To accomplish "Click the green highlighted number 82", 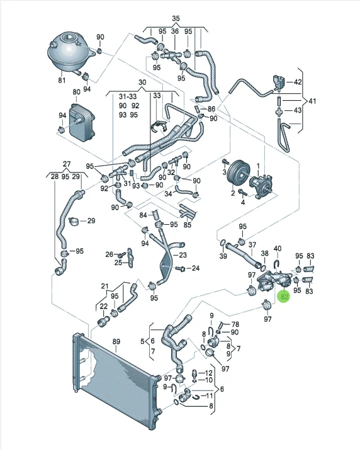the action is click(x=284, y=297).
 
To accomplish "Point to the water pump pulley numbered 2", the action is click(x=237, y=175).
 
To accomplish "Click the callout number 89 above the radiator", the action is click(x=116, y=341).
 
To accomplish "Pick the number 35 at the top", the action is click(x=176, y=18).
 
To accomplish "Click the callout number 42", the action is click(x=298, y=82).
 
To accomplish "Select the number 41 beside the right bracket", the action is click(x=312, y=101).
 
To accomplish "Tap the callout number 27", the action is click(x=66, y=164).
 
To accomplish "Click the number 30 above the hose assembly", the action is click(x=142, y=82).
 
